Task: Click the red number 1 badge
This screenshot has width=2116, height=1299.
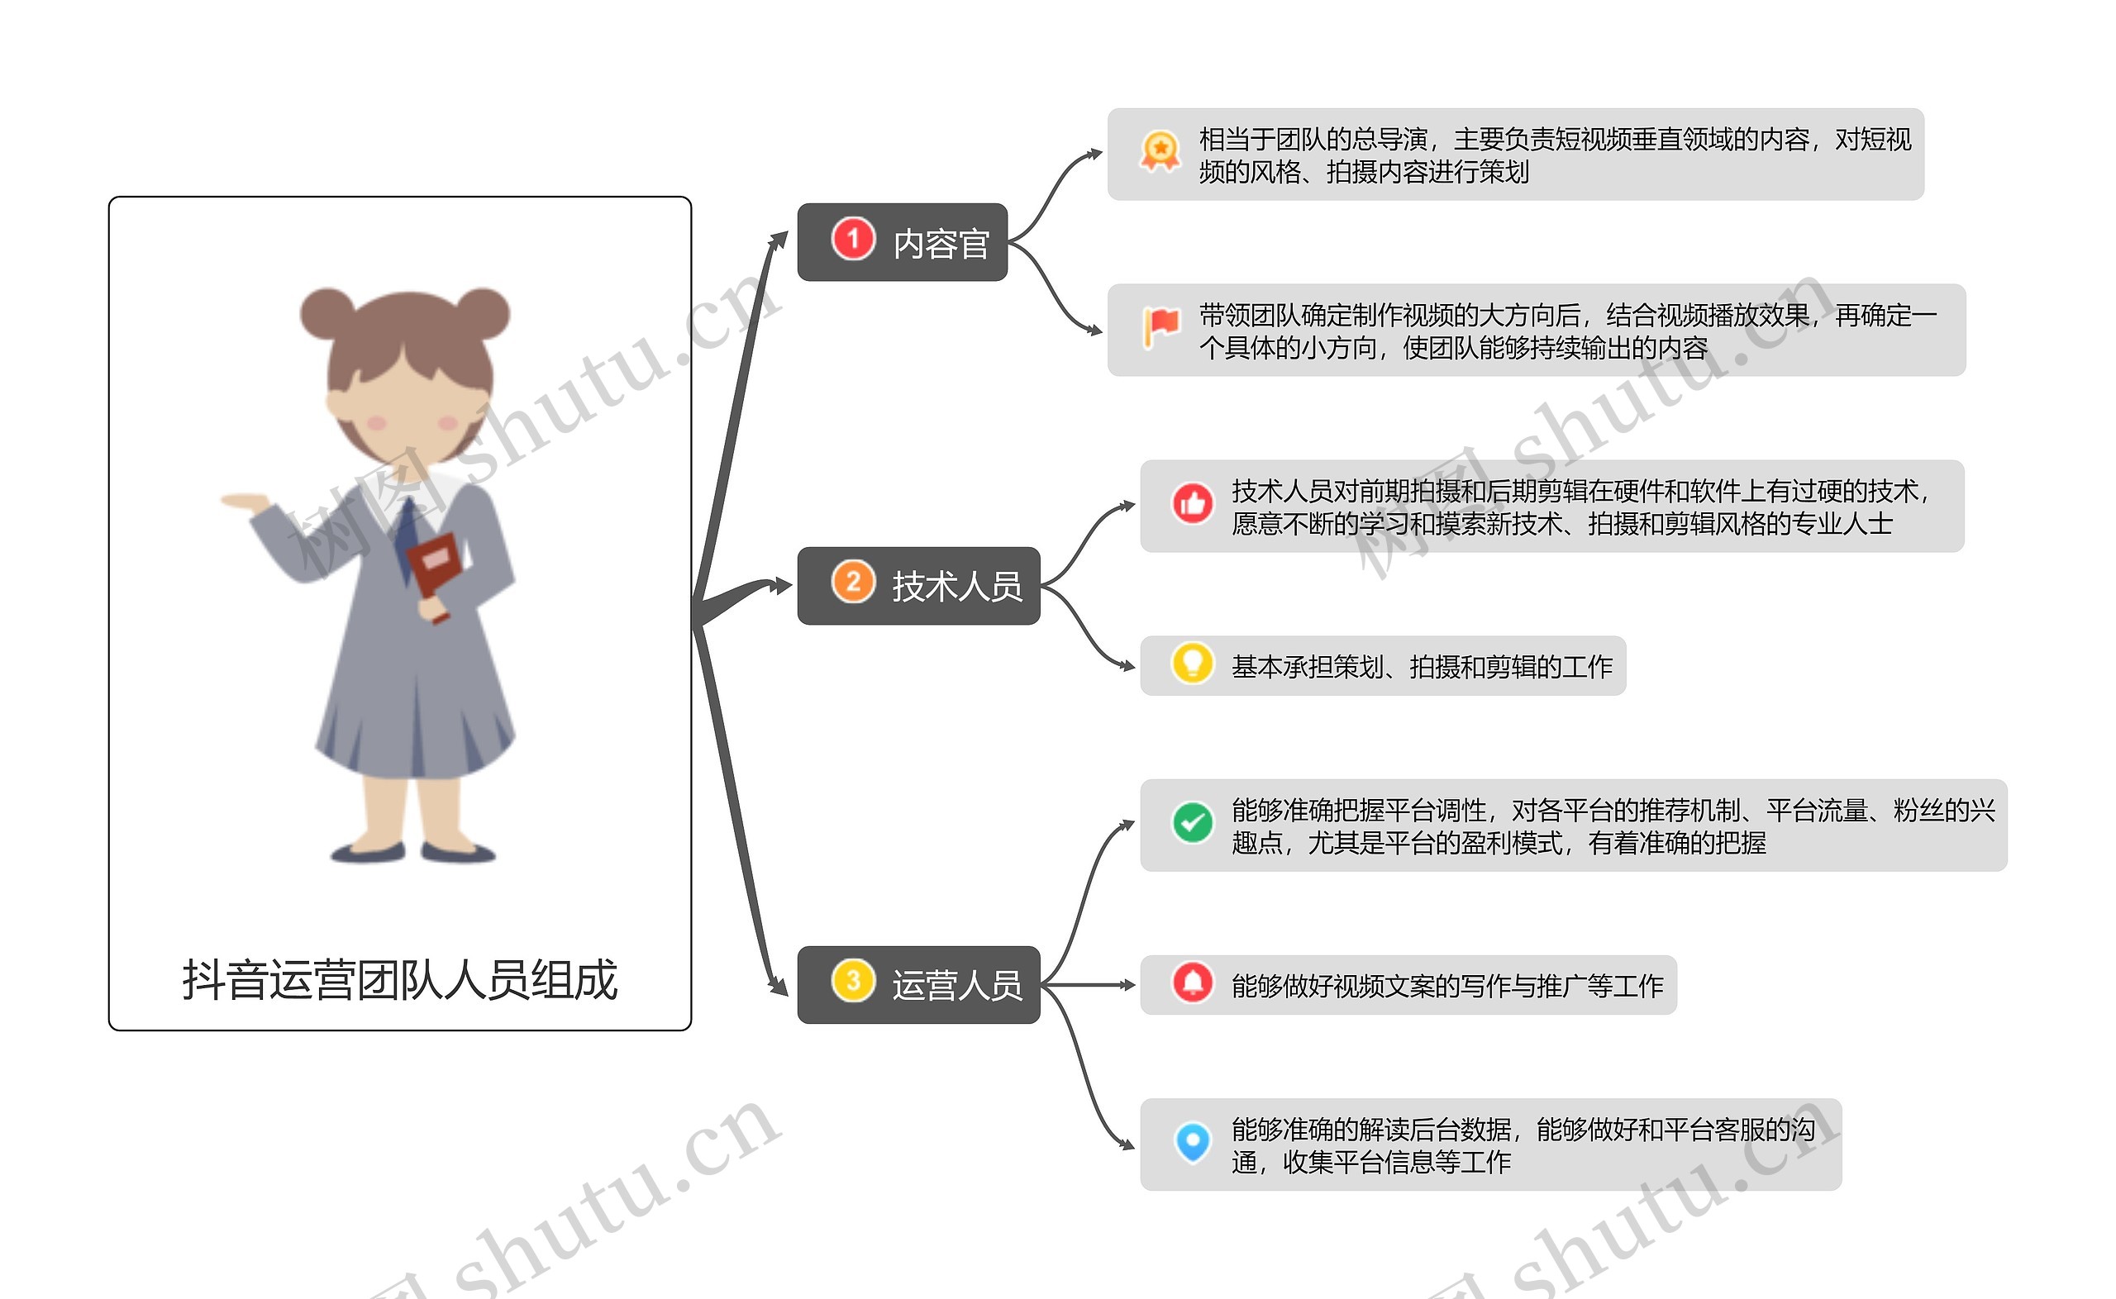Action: point(852,238)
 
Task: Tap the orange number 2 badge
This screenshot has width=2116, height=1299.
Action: point(852,582)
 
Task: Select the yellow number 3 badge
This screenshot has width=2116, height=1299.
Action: point(852,980)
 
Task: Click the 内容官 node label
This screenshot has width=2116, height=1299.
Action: point(941,244)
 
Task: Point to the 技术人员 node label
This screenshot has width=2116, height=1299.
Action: point(957,587)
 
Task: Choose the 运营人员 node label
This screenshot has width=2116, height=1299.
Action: point(957,986)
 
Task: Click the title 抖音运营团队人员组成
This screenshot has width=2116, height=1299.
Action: point(399,979)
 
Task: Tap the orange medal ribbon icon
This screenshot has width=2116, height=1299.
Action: point(1160,151)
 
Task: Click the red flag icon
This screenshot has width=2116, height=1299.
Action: point(1160,327)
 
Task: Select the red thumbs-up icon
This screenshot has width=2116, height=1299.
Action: point(1193,503)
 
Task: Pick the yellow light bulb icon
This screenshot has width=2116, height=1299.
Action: point(1193,664)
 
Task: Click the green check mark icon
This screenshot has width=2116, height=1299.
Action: point(1193,823)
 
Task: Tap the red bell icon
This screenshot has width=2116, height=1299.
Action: point(1193,982)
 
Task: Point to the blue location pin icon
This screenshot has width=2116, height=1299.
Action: point(1193,1142)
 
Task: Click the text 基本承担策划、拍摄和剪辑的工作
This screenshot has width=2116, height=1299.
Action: point(1422,667)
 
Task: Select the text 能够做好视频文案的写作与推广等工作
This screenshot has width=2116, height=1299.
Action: point(1447,986)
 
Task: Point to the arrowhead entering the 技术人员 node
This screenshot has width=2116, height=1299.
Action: point(782,586)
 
